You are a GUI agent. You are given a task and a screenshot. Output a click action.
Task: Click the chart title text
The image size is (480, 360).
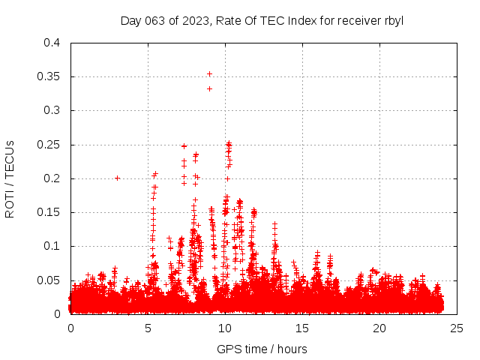point(262,21)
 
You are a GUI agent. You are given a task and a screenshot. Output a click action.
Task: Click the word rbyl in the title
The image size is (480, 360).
point(392,21)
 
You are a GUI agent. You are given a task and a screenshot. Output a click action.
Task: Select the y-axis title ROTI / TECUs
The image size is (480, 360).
point(10,178)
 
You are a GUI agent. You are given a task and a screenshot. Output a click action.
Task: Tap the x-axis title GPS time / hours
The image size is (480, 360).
point(262,349)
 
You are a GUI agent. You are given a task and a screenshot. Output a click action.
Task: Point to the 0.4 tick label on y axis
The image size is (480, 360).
point(51,43)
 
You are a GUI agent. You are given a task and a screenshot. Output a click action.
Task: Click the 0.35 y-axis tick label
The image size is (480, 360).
point(48,76)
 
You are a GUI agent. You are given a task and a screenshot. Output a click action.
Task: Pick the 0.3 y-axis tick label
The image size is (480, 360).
point(51,110)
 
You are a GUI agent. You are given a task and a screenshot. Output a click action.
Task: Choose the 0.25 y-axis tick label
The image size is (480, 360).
point(48,145)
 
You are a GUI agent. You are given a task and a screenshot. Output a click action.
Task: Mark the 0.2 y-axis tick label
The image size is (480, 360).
point(51,178)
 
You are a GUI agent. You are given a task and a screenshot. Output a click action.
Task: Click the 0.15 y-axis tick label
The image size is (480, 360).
point(48,212)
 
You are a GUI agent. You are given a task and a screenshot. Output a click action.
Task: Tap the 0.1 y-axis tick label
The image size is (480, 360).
point(51,246)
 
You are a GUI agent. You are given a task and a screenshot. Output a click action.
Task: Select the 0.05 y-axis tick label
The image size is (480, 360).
point(48,280)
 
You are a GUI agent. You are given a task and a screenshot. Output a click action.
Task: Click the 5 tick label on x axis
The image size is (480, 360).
point(148,328)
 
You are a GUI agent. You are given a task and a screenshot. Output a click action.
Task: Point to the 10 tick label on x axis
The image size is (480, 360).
point(225,328)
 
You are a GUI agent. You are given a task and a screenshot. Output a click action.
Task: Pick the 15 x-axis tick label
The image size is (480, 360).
point(302,328)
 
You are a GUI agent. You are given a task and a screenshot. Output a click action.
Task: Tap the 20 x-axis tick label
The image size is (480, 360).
point(379,328)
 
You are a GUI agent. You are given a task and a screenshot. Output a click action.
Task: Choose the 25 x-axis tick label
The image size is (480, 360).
point(457,328)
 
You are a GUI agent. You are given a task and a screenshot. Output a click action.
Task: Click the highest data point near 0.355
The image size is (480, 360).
point(209,73)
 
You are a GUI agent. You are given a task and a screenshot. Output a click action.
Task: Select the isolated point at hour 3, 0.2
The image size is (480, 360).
point(117,178)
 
